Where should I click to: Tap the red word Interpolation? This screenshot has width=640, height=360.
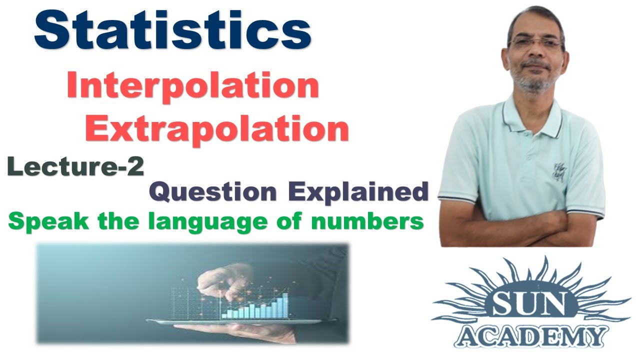192,86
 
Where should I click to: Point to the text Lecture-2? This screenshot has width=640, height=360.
75,166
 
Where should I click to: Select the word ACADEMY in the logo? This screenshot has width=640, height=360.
531,336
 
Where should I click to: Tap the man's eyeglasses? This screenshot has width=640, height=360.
534,43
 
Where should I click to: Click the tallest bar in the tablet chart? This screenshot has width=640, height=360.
285,305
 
